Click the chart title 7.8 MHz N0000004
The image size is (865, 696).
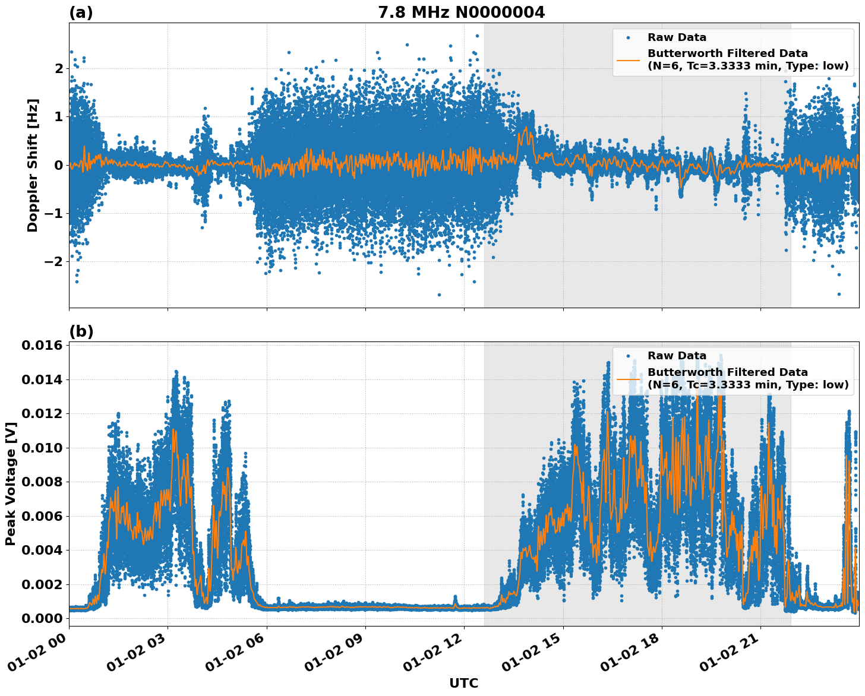click(461, 12)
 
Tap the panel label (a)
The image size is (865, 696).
click(81, 12)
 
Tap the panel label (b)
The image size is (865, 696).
click(81, 331)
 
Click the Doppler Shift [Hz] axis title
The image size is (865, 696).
click(32, 165)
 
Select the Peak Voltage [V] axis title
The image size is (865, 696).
click(10, 483)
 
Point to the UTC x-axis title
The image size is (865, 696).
click(463, 683)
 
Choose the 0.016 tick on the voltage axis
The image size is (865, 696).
click(42, 345)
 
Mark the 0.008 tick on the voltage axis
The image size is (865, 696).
click(42, 482)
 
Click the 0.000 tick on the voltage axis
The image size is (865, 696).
click(42, 618)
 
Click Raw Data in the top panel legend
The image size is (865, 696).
click(677, 37)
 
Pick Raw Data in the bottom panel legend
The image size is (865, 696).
click(677, 356)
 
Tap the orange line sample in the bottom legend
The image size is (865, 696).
click(628, 378)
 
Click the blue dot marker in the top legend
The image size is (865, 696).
click(628, 38)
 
